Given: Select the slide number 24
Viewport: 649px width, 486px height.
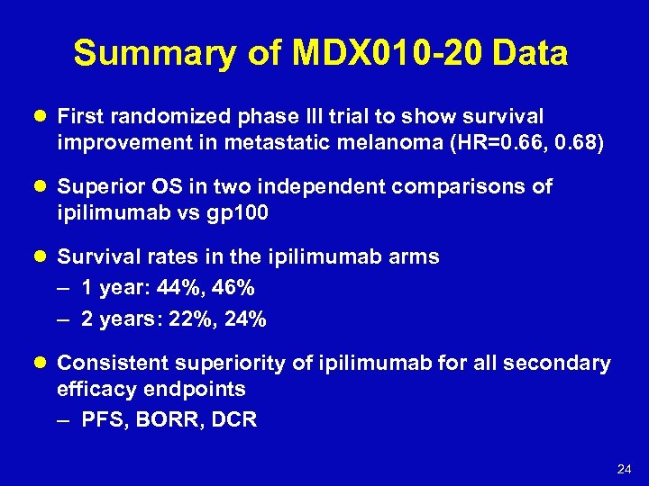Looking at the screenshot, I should tap(624, 470).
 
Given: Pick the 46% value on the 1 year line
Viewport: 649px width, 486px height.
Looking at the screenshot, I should tap(234, 288).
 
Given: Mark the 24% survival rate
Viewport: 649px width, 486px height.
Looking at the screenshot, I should tap(245, 319).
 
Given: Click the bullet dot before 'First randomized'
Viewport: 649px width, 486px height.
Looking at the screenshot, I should tap(42, 117).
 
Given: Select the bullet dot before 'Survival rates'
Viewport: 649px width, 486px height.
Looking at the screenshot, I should tap(42, 257).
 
